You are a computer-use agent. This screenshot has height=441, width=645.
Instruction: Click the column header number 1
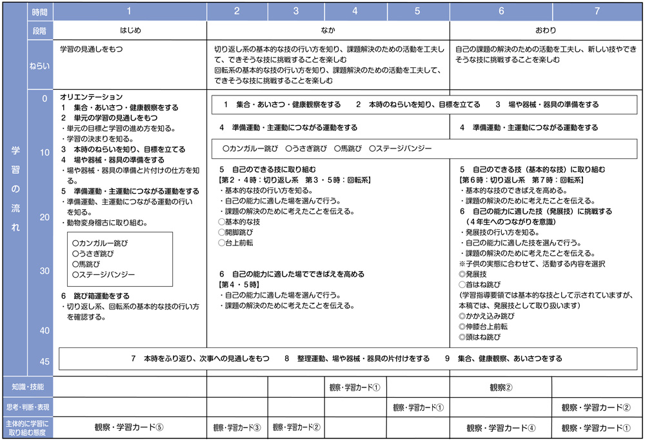pyautogui.click(x=129, y=11)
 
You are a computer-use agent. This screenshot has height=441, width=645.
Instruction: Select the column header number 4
pyautogui.click(x=355, y=11)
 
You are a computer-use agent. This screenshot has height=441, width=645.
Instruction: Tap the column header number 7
pyautogui.click(x=597, y=11)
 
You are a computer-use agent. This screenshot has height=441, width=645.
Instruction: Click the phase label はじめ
pyautogui.click(x=130, y=30)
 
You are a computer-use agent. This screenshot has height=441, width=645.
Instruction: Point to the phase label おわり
pyautogui.click(x=546, y=30)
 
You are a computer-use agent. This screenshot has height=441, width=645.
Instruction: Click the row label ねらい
pyautogui.click(x=40, y=65)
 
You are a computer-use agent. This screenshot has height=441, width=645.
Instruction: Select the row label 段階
pyautogui.click(x=40, y=30)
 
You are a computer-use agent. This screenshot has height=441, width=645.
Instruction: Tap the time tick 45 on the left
pyautogui.click(x=45, y=361)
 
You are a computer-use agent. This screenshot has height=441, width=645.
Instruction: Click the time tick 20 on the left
pyautogui.click(x=45, y=218)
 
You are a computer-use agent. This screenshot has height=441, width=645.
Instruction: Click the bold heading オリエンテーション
pyautogui.click(x=91, y=97)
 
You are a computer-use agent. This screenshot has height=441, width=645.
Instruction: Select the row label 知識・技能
pyautogui.click(x=28, y=387)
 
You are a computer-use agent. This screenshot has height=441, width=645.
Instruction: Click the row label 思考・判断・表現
pyautogui.click(x=28, y=407)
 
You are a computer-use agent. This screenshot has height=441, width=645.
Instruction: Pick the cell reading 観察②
pyautogui.click(x=501, y=387)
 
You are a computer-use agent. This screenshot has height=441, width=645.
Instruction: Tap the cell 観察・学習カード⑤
pyautogui.click(x=129, y=427)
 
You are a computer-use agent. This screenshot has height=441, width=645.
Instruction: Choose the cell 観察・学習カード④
pyautogui.click(x=501, y=427)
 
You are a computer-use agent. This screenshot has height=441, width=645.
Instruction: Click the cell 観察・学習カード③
pyautogui.click(x=237, y=427)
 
